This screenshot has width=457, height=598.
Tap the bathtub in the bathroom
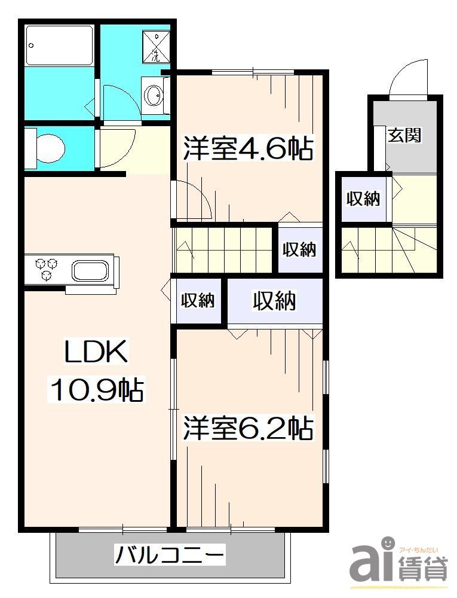[59, 45]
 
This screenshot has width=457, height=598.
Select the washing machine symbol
[156, 47]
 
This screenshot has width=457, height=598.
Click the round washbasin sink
[154, 95]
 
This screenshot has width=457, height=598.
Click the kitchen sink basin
[90, 270]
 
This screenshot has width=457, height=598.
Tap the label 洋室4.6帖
[248, 148]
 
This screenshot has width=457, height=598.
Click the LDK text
[96, 353]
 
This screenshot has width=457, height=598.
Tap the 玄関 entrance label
[404, 135]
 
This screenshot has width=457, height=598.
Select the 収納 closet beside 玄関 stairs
[363, 199]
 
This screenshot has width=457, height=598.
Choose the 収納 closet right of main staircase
[299, 249]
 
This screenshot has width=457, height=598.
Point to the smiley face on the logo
[388, 543]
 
